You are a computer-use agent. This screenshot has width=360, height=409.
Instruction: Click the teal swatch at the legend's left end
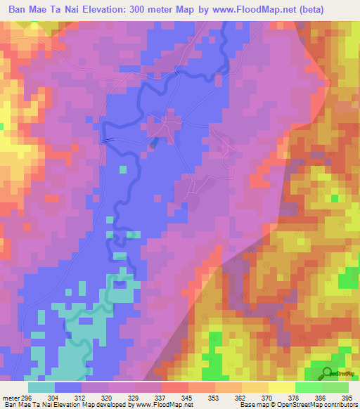click(41, 387)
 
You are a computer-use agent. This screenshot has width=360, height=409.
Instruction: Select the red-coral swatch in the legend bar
click(174, 387)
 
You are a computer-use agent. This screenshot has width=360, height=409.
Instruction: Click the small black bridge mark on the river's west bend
click(107, 140)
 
